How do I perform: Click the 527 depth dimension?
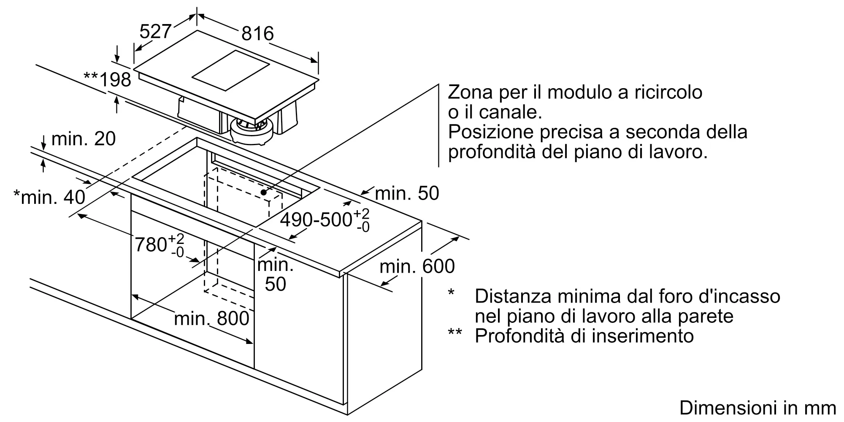click(155, 32)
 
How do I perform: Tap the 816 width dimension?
click(257, 33)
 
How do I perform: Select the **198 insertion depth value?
click(108, 79)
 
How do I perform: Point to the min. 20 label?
click(84, 139)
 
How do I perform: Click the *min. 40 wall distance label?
click(49, 197)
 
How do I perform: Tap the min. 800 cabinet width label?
click(211, 318)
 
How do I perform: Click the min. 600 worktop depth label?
click(417, 266)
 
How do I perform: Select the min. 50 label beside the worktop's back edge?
click(407, 193)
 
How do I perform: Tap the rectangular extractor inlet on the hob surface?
click(230, 70)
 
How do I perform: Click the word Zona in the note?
click(471, 92)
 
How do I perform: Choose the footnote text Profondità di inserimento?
click(584, 336)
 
